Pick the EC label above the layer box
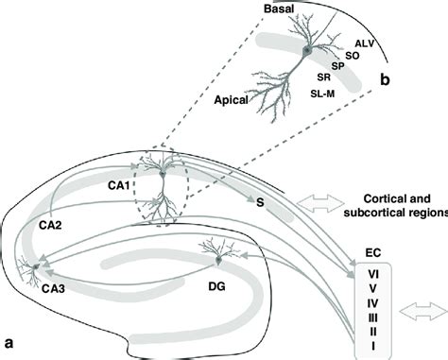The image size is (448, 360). [375, 254]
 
